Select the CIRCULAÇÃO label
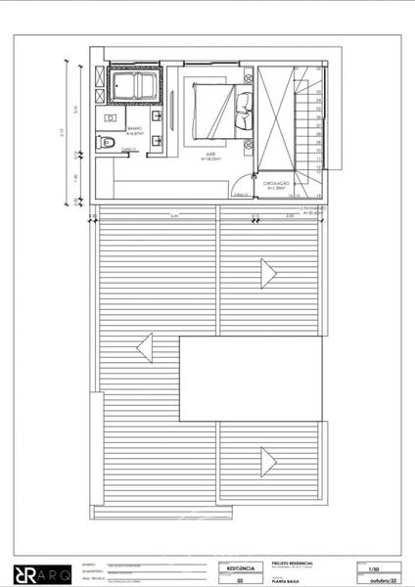click(x=276, y=184)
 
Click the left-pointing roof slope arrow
click(x=146, y=346)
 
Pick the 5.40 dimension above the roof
click(x=173, y=215)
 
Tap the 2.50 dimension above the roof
click(x=290, y=215)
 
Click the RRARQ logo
click(x=38, y=571)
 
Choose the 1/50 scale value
click(x=373, y=567)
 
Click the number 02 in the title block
click(x=239, y=579)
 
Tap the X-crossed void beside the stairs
click(x=277, y=118)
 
